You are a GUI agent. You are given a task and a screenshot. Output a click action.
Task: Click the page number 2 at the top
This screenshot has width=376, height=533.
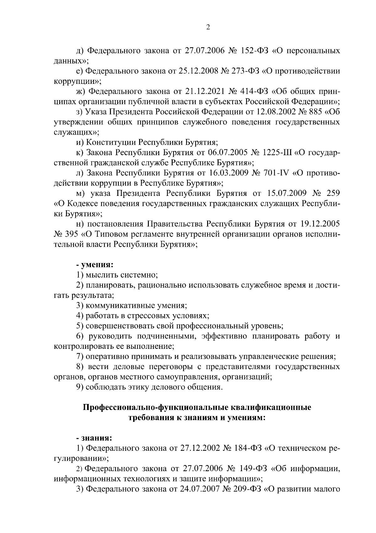coord(208,27)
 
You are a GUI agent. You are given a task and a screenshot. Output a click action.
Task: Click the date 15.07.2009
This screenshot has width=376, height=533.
coord(288,193)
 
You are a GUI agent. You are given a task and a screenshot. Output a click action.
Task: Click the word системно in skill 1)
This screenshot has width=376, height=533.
coord(138,275)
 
